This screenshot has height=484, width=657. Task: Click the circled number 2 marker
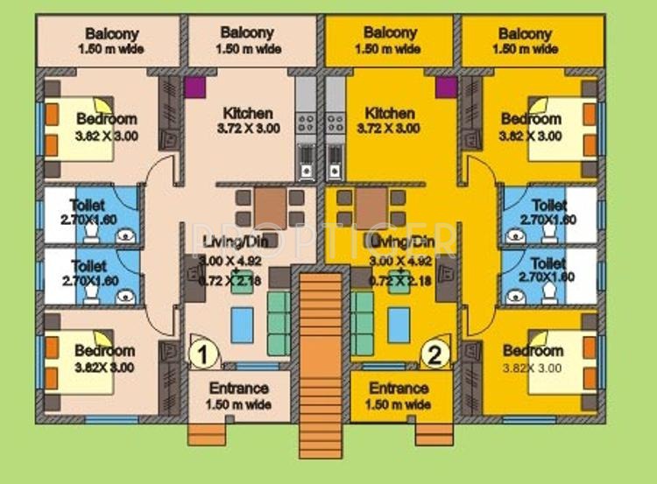[x=434, y=354]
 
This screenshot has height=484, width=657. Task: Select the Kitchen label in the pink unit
[x=248, y=114]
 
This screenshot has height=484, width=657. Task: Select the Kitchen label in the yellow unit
[x=390, y=114]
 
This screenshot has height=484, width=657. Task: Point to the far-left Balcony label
[x=111, y=34]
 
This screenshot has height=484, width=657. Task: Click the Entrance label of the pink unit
[x=239, y=389]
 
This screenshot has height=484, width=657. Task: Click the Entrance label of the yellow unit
[x=399, y=389]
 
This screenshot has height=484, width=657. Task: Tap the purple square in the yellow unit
[x=445, y=88]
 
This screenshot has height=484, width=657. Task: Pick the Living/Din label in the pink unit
[x=233, y=242]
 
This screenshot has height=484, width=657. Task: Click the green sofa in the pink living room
[x=279, y=323]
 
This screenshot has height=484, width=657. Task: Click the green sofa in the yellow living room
[x=362, y=323]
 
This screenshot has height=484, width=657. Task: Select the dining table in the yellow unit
[x=372, y=207]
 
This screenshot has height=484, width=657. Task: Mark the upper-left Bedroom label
[x=106, y=119]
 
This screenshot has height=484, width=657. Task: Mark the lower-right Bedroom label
[x=533, y=351]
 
